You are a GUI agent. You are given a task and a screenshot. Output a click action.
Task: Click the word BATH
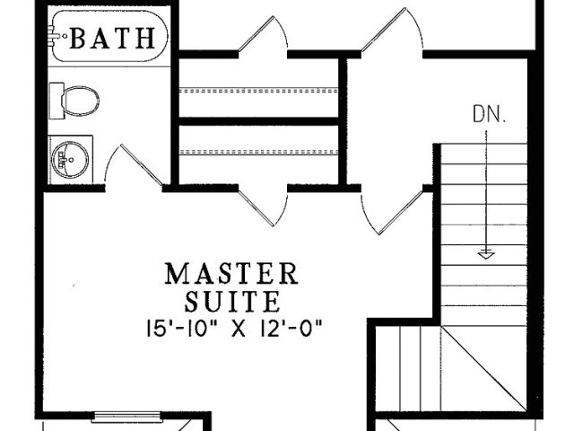112,38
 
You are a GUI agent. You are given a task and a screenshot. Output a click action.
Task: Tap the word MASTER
231,274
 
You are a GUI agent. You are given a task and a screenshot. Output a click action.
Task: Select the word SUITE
232,302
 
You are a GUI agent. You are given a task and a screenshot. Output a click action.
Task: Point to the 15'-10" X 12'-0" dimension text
234,329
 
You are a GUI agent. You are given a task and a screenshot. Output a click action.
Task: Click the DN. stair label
490,114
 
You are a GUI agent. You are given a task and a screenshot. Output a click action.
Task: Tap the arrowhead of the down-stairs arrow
486,254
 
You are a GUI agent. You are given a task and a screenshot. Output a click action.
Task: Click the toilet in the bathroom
74,101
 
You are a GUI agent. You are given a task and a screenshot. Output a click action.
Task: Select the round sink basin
70,160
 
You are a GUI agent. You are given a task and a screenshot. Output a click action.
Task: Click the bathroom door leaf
142,165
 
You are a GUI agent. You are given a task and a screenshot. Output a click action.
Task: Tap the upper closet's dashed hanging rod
258,90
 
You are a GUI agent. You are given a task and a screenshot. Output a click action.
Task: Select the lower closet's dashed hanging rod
258,152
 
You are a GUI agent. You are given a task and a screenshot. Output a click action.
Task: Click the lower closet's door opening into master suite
256,208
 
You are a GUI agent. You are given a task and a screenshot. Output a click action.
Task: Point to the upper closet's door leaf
257,33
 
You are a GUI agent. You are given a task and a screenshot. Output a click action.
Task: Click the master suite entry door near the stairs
401,213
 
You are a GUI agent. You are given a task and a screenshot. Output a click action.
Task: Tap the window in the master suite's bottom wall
126,417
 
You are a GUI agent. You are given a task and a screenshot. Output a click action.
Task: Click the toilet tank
57,101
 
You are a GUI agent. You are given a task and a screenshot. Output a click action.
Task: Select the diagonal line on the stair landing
483,367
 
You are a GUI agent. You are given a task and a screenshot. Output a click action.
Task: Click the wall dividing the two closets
258,121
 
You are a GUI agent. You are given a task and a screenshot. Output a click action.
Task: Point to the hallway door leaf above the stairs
384,30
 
